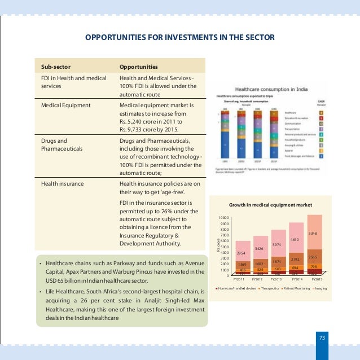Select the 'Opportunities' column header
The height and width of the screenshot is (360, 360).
(x=138, y=66)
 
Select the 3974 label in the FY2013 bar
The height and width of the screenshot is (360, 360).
(x=276, y=244)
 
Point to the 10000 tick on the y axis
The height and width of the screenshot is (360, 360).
(x=223, y=218)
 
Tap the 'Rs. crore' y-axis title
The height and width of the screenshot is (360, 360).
(x=218, y=246)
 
